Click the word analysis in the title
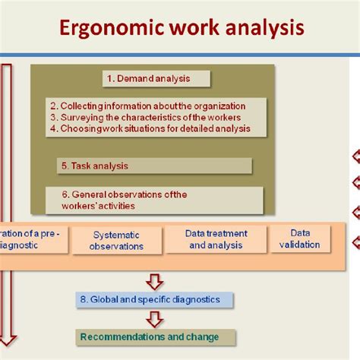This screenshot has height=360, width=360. click(x=263, y=30)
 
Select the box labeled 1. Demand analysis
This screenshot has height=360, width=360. click(x=156, y=78)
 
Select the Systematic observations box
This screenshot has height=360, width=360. click(x=116, y=241)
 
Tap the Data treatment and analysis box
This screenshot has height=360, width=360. click(x=216, y=239)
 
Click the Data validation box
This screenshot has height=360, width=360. click(x=304, y=238)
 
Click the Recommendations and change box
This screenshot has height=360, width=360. click(x=156, y=336)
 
